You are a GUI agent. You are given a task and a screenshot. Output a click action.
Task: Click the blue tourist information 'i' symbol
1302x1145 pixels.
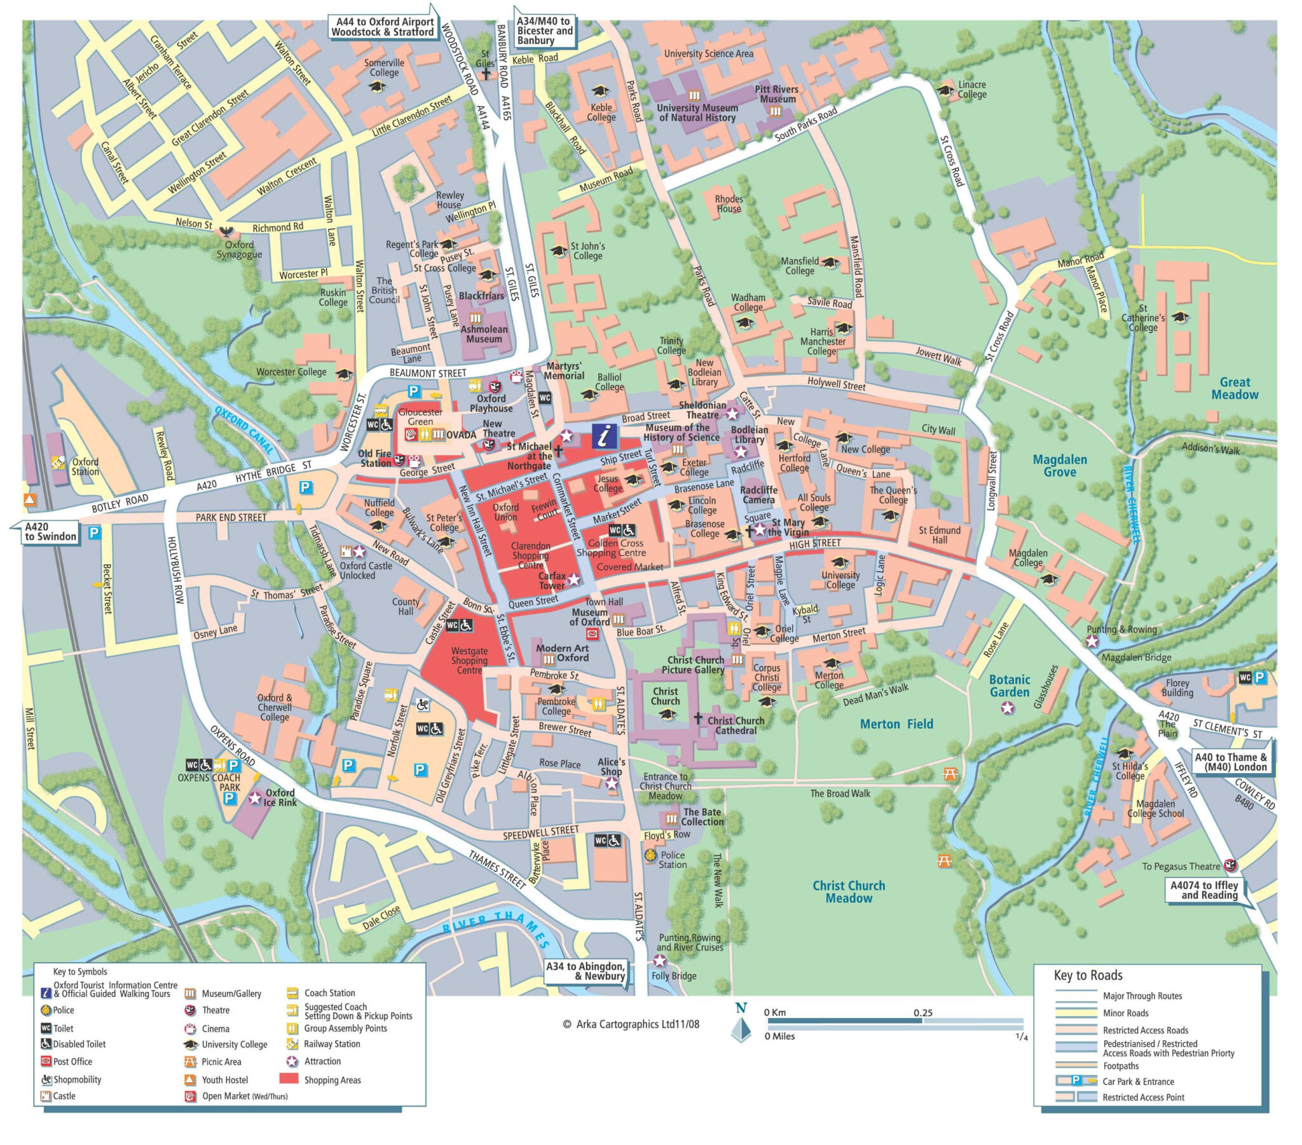pyautogui.click(x=604, y=437)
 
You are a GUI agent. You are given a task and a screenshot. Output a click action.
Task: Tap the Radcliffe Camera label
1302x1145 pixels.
pyautogui.click(x=758, y=495)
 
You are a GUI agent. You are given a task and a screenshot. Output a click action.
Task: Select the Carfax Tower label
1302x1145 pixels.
pyautogui.click(x=552, y=580)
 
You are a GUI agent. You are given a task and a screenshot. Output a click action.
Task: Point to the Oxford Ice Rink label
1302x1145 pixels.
pyautogui.click(x=280, y=797)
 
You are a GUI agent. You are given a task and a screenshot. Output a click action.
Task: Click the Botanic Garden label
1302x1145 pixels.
pyautogui.click(x=1010, y=686)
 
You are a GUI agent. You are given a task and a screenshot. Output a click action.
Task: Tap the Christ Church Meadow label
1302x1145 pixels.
pyautogui.click(x=849, y=891)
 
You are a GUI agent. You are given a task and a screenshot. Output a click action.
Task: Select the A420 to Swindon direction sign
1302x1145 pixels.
pyautogui.click(x=50, y=531)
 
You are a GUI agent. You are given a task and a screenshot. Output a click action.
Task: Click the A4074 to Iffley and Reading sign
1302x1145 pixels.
pyautogui.click(x=1204, y=890)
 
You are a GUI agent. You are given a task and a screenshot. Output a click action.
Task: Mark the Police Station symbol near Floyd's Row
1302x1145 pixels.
pyautogui.click(x=650, y=855)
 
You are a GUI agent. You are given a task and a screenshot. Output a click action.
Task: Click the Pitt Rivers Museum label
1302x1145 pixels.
pyautogui.click(x=776, y=94)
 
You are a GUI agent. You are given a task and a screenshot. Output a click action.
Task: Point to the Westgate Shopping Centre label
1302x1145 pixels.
pyautogui.click(x=469, y=660)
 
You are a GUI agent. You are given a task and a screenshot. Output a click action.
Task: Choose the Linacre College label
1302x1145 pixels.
pyautogui.click(x=972, y=89)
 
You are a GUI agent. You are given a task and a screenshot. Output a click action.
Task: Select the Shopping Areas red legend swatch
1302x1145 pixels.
pyautogui.click(x=289, y=1078)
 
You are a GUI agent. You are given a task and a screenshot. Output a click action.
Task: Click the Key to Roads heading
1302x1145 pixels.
pyautogui.click(x=1088, y=975)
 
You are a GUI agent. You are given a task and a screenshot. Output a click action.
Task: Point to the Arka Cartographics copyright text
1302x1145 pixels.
pyautogui.click(x=631, y=1024)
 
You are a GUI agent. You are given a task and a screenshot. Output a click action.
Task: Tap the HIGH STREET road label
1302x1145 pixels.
pyautogui.click(x=815, y=544)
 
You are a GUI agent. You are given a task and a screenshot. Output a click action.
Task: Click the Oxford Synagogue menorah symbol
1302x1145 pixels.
pyautogui.click(x=226, y=231)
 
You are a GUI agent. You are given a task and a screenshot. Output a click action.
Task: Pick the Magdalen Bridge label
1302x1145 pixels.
pyautogui.click(x=1136, y=657)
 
